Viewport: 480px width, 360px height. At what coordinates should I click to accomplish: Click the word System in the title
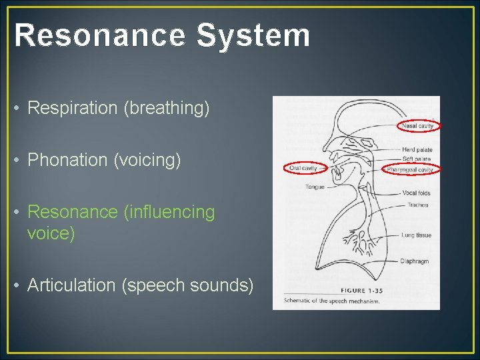(x=253, y=35)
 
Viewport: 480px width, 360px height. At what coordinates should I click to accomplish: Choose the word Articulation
(x=71, y=285)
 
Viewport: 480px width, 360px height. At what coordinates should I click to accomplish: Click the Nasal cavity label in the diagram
(x=417, y=125)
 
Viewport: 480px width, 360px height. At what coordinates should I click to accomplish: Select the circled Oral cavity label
(x=303, y=169)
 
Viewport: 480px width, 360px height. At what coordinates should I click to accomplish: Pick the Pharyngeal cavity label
(x=410, y=170)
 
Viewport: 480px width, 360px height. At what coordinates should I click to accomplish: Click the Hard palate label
(x=417, y=150)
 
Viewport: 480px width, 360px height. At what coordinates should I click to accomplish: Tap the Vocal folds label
(x=417, y=193)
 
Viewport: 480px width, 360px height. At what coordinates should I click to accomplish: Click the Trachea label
(x=418, y=205)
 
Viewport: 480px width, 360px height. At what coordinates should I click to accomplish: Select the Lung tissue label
(x=417, y=235)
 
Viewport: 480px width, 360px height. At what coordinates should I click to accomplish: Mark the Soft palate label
(x=417, y=159)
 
